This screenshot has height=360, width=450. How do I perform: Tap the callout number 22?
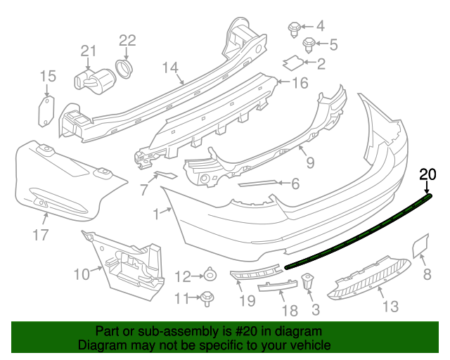point(127,41)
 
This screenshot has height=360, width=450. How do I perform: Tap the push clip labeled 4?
point(295,29)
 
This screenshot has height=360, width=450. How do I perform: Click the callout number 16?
point(300,84)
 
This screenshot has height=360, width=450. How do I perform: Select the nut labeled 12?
point(210,275)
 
